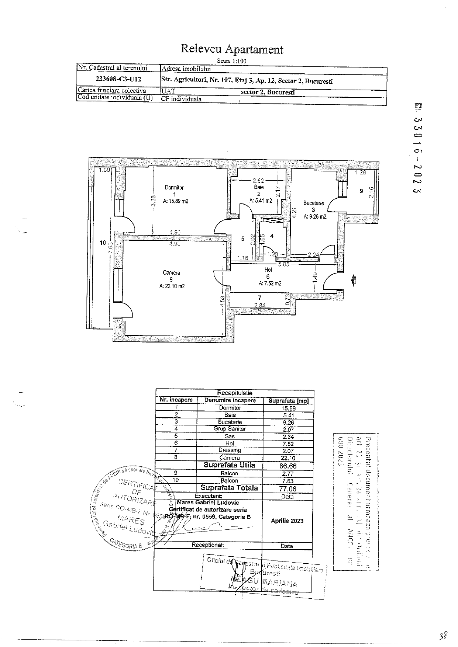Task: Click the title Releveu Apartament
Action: point(232,49)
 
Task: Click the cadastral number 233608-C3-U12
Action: point(118,79)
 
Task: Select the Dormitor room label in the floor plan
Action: point(174,187)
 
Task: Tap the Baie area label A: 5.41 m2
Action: point(261,201)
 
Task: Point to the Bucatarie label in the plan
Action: point(313,203)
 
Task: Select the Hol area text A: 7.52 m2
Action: point(270,284)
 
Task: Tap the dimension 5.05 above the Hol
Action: point(283,264)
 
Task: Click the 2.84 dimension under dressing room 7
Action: point(260,305)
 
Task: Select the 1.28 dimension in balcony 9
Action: point(360,172)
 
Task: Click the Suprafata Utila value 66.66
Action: point(288,466)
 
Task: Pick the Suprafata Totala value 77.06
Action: point(288,489)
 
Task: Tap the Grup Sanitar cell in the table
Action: point(230,429)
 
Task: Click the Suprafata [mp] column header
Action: point(288,401)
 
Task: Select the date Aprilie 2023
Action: point(287,521)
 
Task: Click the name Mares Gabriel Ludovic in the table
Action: point(208,502)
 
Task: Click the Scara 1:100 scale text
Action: point(231,61)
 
